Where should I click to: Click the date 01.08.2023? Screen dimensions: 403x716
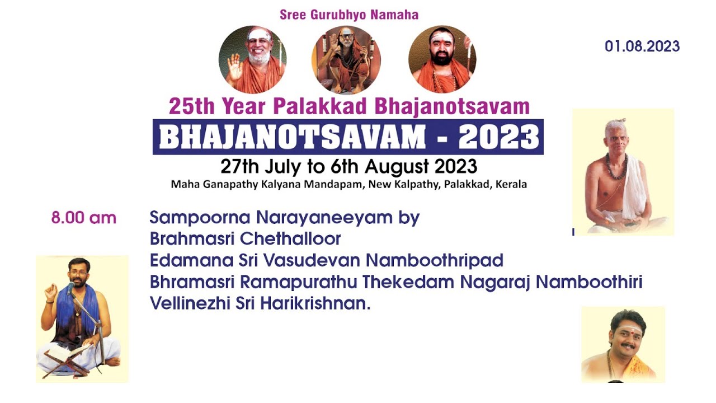(x=642, y=46)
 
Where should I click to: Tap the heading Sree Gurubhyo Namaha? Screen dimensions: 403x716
(x=349, y=15)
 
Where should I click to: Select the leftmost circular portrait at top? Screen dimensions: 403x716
(x=252, y=59)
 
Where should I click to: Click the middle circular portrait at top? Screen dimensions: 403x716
(x=346, y=59)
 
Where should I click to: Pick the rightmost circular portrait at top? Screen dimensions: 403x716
(x=442, y=59)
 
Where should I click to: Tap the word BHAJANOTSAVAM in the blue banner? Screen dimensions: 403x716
(x=292, y=137)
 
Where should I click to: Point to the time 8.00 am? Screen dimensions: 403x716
(x=84, y=218)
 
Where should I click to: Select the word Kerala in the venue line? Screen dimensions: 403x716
(x=510, y=184)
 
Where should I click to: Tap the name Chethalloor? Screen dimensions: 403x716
(x=291, y=239)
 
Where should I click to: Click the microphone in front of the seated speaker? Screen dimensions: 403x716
(x=71, y=288)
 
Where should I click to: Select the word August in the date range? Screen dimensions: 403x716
(x=399, y=167)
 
